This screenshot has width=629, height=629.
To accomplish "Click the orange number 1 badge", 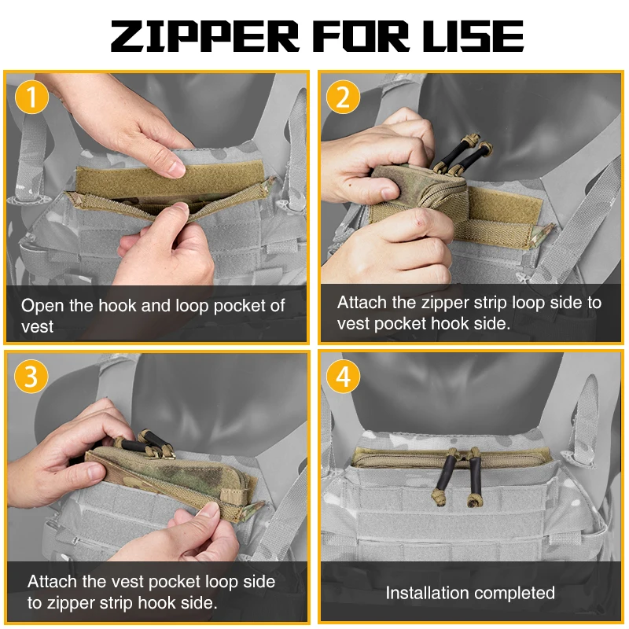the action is [x=31, y=97].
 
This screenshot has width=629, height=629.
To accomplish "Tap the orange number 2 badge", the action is [x=343, y=97].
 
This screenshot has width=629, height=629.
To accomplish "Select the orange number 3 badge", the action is [x=31, y=377].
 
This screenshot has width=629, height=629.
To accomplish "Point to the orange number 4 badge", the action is [x=343, y=377].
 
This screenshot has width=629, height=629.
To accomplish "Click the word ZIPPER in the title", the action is [x=205, y=36].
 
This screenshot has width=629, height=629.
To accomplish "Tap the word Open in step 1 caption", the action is [x=42, y=307].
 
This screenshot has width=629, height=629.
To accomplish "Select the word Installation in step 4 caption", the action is [x=432, y=593].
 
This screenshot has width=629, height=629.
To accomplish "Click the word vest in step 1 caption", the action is [x=37, y=326].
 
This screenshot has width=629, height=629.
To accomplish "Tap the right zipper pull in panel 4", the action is [x=473, y=480].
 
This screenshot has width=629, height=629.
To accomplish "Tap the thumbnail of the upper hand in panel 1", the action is [x=176, y=168].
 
